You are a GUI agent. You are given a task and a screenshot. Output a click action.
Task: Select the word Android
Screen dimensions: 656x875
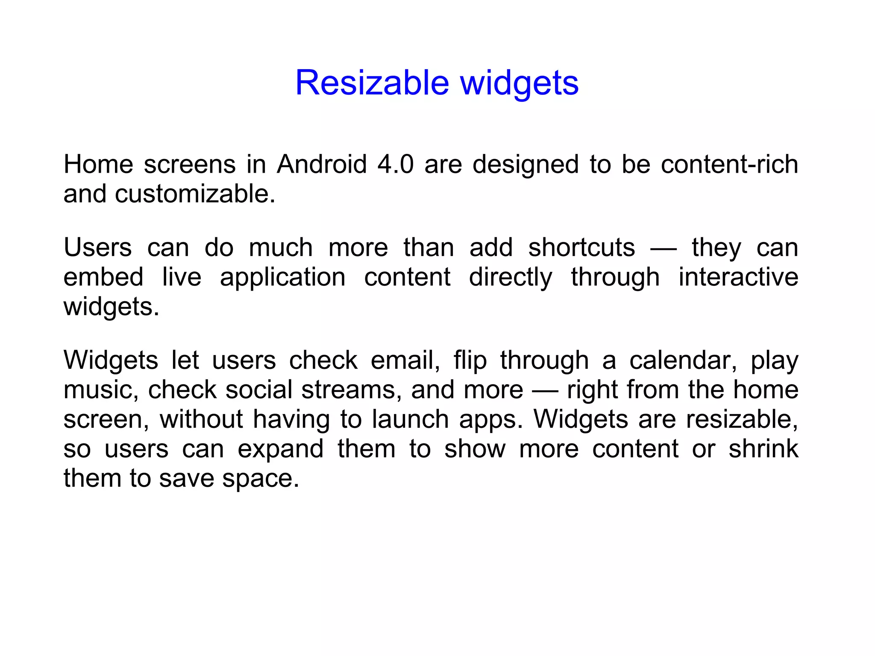coord(322,164)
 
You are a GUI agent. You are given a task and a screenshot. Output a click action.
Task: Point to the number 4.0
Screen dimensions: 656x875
coord(396,164)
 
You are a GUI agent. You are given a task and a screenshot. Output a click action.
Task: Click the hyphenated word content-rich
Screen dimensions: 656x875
coord(729,164)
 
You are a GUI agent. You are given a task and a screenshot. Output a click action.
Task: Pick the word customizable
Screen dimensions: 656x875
coord(195,194)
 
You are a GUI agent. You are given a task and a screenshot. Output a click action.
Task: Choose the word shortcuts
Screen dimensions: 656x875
coord(581,247)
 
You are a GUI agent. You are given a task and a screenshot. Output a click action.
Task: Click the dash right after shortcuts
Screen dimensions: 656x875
coord(663,248)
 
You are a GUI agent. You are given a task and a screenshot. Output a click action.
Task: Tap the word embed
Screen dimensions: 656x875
coord(103,277)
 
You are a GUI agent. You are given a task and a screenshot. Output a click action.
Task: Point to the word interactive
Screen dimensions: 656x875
coord(738,277)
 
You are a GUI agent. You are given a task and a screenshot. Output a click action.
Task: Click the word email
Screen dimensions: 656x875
coord(405,360)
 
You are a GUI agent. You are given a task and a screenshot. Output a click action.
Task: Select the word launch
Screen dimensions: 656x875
coord(410,419)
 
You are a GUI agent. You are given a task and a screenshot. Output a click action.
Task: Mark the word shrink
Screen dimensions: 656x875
coord(763,448)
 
